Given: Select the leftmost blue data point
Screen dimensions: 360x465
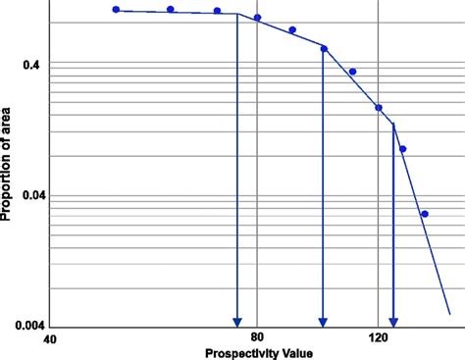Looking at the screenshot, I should pyautogui.click(x=116, y=10).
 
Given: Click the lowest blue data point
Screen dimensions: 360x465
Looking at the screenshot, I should pyautogui.click(x=425, y=214).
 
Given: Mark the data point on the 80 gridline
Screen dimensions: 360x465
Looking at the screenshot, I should pyautogui.click(x=257, y=18).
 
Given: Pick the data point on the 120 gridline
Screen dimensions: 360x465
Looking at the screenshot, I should pyautogui.click(x=379, y=108).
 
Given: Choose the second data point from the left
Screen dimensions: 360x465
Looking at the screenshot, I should pyautogui.click(x=171, y=10).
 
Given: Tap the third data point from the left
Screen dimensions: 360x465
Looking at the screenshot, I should pyautogui.click(x=217, y=11).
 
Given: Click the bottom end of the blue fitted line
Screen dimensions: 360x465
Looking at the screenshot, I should pyautogui.click(x=449, y=314).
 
